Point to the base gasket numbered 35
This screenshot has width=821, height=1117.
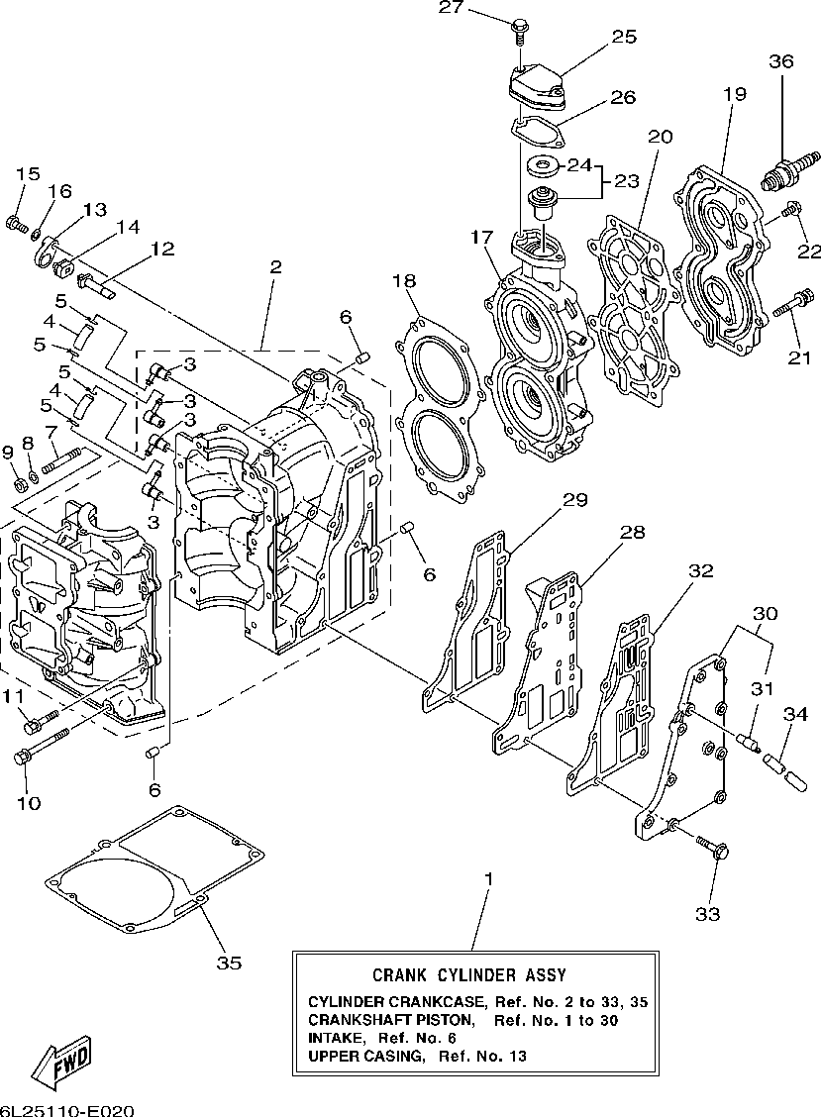[154, 869]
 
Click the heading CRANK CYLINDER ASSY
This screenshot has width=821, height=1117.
[469, 974]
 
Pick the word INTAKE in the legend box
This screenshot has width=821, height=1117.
[335, 1038]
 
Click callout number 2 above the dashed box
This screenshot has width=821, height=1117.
[275, 267]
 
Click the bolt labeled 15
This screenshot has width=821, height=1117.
[16, 224]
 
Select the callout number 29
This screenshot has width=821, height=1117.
[574, 499]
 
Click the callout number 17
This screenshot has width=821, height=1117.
[481, 238]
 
